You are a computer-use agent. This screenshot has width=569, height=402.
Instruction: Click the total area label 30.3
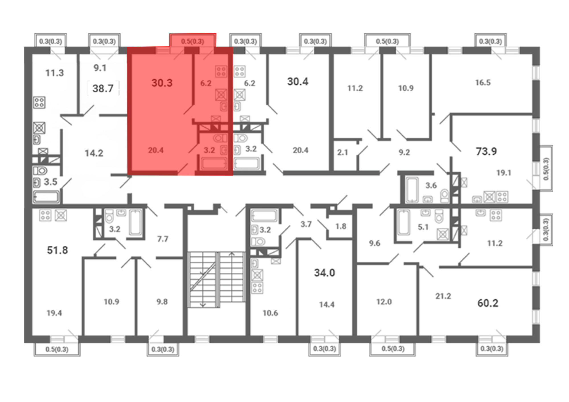click(x=162, y=83)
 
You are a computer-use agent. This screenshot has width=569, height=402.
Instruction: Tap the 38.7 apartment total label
click(x=103, y=88)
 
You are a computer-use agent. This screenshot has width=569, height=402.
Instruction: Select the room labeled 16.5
click(x=483, y=82)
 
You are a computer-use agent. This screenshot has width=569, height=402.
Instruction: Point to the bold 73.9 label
click(x=486, y=151)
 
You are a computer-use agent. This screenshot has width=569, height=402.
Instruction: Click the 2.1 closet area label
click(x=343, y=152)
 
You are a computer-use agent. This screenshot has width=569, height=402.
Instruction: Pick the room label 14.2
click(x=94, y=153)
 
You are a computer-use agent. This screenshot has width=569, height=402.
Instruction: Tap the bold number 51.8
click(x=57, y=250)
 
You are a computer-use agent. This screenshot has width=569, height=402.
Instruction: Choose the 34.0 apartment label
click(x=325, y=273)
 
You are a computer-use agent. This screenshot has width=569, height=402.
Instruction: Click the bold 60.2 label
click(x=488, y=303)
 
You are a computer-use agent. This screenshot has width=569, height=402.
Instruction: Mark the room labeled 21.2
click(x=443, y=296)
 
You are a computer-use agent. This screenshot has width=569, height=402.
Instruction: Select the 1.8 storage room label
click(x=341, y=226)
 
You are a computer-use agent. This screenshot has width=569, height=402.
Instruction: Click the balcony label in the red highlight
click(x=192, y=42)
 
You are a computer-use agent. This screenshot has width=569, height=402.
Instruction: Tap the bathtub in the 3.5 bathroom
click(x=46, y=197)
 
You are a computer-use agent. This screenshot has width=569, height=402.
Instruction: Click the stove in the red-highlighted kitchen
click(x=221, y=71)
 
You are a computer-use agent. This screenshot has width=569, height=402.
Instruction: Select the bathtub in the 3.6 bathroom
click(x=412, y=190)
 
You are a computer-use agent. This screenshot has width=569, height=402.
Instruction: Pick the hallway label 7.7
click(x=163, y=239)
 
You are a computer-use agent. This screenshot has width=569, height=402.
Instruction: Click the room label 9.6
click(x=374, y=243)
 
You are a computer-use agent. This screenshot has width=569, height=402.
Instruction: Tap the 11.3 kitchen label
click(x=55, y=73)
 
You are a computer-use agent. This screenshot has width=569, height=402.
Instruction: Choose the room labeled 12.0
click(x=384, y=302)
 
